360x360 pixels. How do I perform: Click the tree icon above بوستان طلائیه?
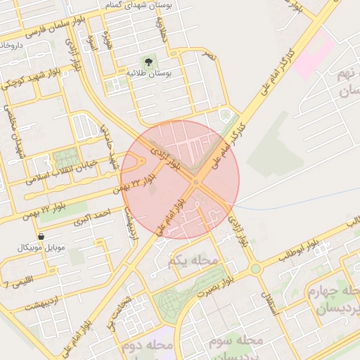click(x=148, y=63)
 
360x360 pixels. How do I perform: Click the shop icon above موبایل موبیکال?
click(x=40, y=237)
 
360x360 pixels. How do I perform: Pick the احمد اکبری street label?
click(x=96, y=214)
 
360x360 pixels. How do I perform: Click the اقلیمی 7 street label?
click(x=17, y=284)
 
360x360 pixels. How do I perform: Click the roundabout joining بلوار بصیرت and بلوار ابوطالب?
click(x=255, y=269)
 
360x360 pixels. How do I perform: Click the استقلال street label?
click(x=269, y=302)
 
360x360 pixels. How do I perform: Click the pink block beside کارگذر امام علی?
click(x=314, y=56)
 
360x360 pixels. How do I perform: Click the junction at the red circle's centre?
click(x=195, y=182)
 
